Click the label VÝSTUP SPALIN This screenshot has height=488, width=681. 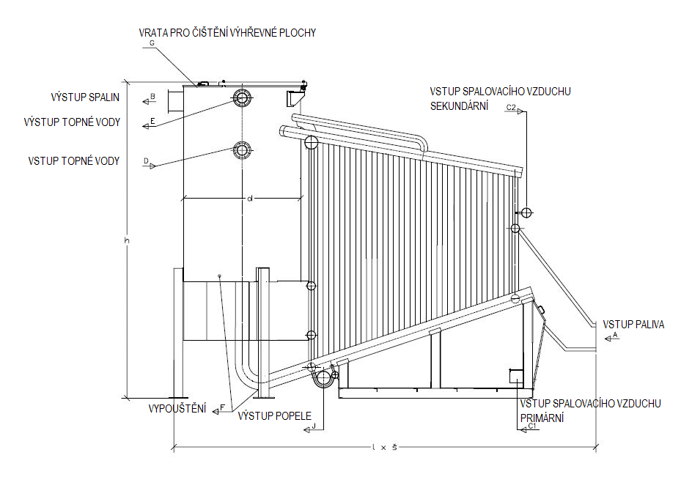click(x=85, y=97)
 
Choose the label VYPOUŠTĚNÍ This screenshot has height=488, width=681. click(x=177, y=408)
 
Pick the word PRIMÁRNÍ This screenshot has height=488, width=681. click(x=541, y=418)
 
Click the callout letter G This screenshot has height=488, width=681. click(x=151, y=43)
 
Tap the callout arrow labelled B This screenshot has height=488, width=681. click(x=151, y=97)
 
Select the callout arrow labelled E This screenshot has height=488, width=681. click(x=150, y=122)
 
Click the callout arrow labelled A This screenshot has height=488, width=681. click(x=614, y=336)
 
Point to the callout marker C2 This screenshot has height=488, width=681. click(x=512, y=108)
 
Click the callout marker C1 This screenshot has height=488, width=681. click(x=532, y=427)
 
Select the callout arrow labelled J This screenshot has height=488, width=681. click(x=313, y=426)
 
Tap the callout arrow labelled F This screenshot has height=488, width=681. click(x=221, y=409)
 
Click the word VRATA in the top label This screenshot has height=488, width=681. click(x=155, y=33)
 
